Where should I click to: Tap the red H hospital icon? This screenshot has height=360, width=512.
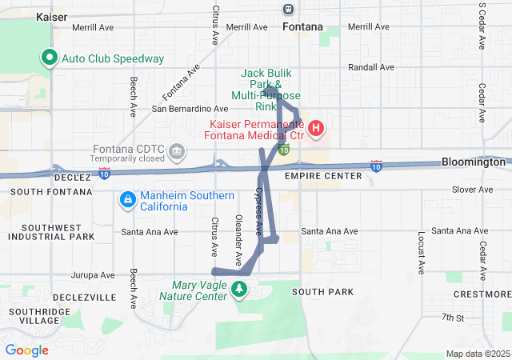point(316,128)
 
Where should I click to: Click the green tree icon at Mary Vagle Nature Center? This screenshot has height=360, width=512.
point(238,288)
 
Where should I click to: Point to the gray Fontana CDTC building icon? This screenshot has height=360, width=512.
point(177,150)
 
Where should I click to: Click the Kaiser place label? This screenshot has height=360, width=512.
point(52,16)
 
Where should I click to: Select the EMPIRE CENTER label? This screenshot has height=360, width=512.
point(328,175)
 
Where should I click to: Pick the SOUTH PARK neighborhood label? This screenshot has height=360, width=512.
point(322,292)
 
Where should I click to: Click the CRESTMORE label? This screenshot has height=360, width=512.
point(482,294)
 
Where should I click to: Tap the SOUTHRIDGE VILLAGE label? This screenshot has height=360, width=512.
point(33,315)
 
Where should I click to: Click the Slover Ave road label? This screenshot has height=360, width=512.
point(474,190)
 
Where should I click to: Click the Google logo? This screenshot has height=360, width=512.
point(26,350)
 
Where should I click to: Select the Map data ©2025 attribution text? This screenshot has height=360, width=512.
point(476,354)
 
